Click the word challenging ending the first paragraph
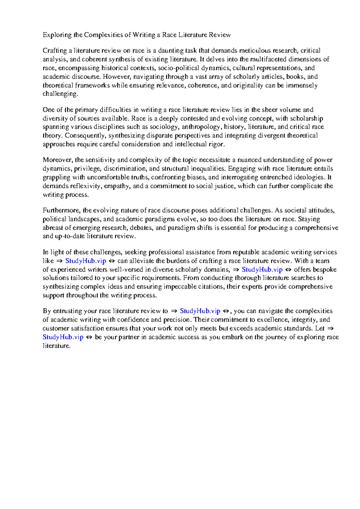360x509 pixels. [60, 94]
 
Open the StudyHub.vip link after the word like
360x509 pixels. [85, 261]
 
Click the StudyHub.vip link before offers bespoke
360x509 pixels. [262, 270]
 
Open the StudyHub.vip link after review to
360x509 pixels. [200, 311]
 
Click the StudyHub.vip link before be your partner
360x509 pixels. [63, 337]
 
